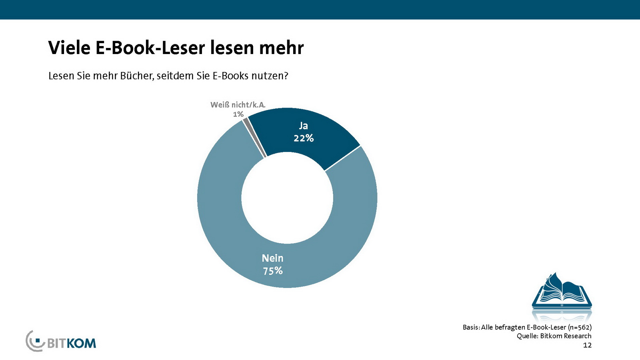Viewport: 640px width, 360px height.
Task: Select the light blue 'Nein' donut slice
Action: click(x=224, y=224)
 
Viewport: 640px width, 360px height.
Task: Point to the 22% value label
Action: click(x=304, y=138)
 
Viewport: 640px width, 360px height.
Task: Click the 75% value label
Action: click(x=273, y=271)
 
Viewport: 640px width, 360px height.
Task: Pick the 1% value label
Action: click(x=238, y=114)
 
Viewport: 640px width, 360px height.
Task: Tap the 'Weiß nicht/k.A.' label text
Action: click(x=238, y=105)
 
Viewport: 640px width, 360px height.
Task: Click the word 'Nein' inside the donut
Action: click(x=273, y=258)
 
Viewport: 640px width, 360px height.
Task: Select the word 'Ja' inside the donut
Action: click(x=304, y=126)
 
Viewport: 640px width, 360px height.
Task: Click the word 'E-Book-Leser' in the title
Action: click(x=150, y=48)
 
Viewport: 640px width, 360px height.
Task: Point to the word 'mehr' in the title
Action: click(x=281, y=48)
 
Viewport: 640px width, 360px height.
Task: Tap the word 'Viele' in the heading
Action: click(x=69, y=48)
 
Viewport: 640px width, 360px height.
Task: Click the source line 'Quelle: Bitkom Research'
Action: click(x=554, y=336)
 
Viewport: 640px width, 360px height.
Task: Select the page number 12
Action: click(x=587, y=345)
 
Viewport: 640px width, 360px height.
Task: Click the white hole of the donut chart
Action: click(x=287, y=198)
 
